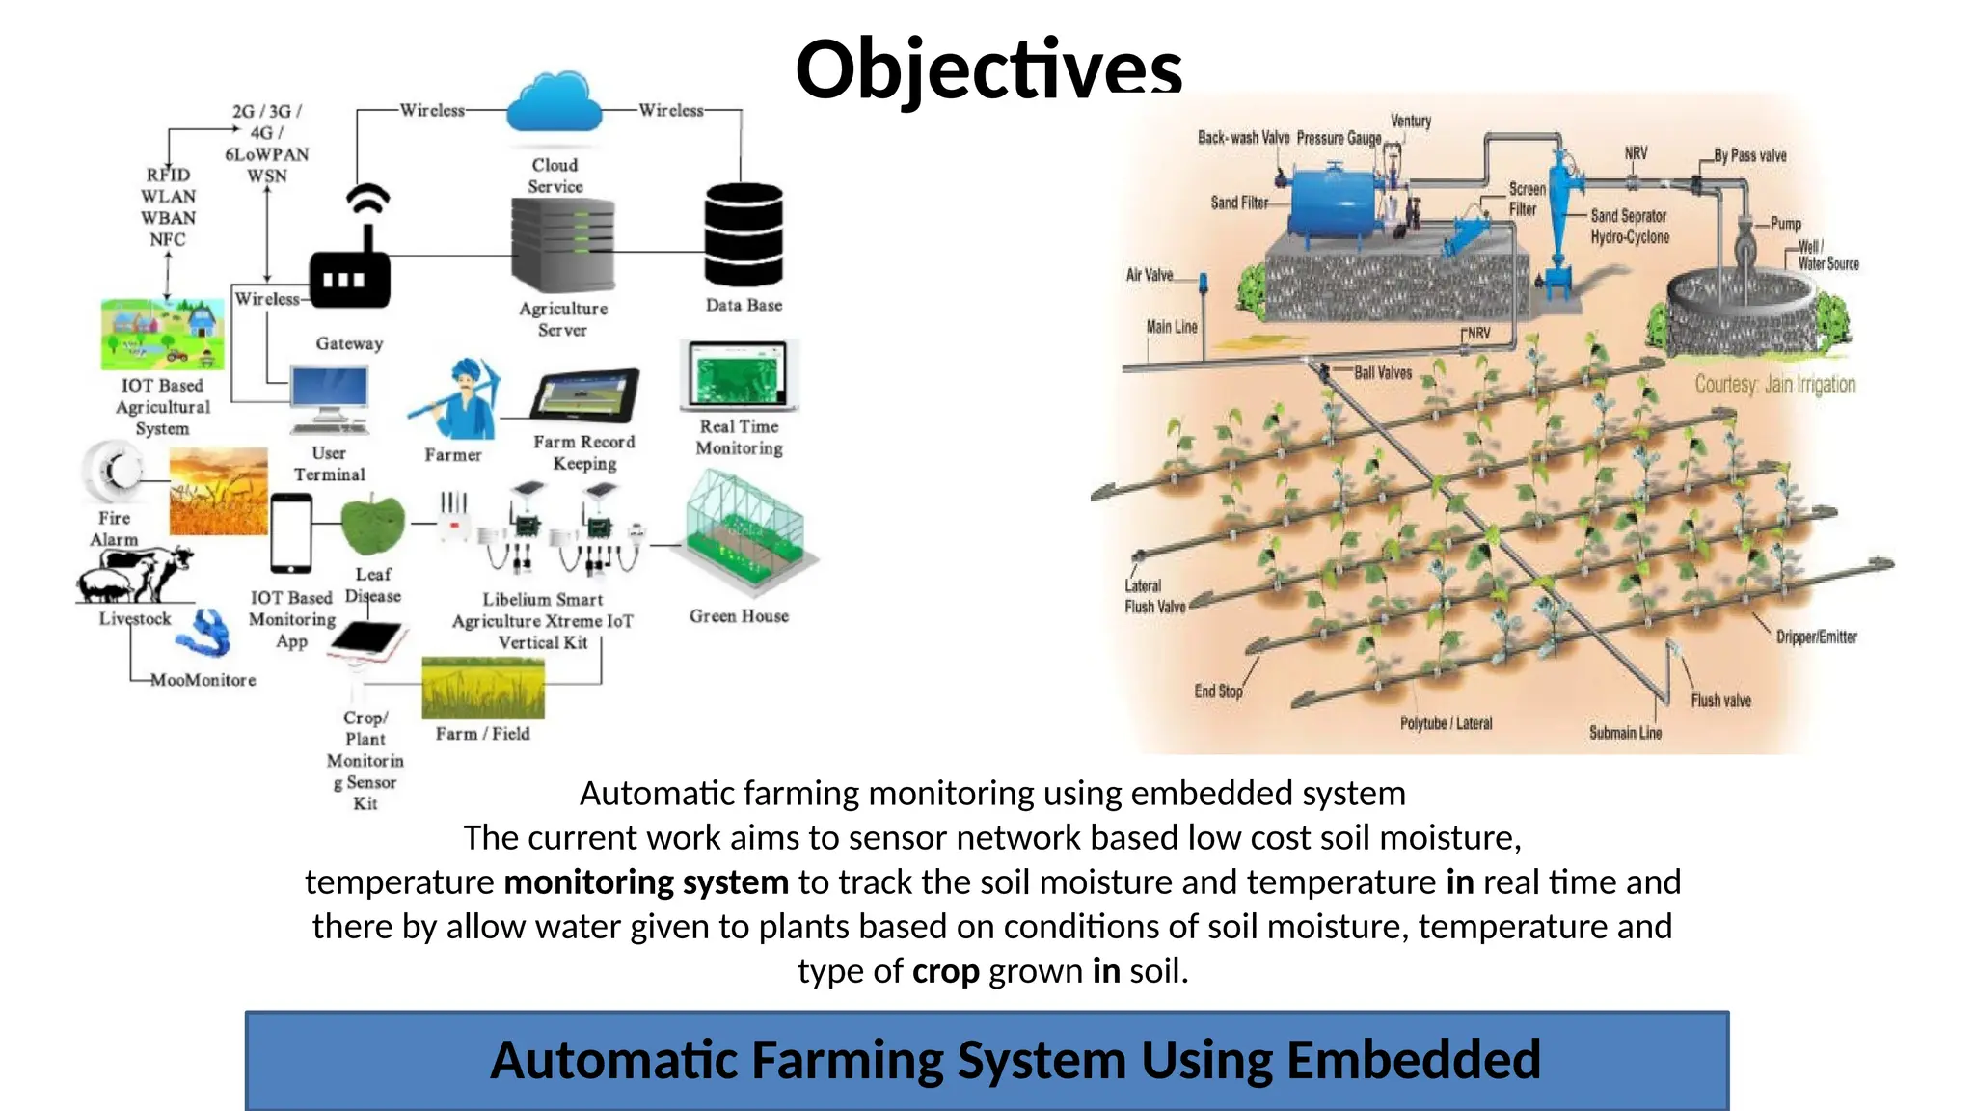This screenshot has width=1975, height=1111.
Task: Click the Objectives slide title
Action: click(x=988, y=69)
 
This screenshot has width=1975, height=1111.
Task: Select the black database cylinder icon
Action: click(x=744, y=234)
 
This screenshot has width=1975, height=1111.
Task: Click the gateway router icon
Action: click(x=350, y=275)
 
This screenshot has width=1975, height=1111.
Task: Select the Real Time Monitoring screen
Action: click(x=739, y=375)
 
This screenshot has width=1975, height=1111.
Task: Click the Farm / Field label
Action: click(x=482, y=734)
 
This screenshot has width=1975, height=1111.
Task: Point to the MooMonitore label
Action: click(x=203, y=680)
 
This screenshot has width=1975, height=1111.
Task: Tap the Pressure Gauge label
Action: click(x=1339, y=138)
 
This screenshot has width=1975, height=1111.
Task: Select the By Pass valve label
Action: click(x=1749, y=155)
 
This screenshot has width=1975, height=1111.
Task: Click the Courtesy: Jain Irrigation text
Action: click(x=1775, y=385)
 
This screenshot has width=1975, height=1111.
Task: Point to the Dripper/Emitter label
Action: click(x=1816, y=637)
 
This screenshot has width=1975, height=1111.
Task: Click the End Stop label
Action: click(x=1218, y=691)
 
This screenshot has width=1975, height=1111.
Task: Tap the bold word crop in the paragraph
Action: click(x=945, y=971)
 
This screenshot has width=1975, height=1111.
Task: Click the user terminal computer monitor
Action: click(x=329, y=392)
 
